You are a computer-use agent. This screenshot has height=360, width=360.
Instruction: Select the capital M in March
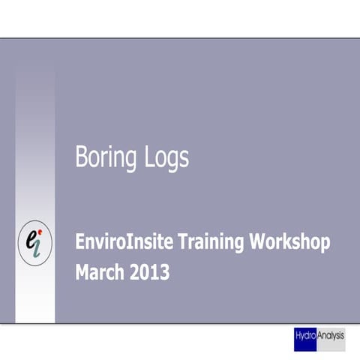tap(82, 272)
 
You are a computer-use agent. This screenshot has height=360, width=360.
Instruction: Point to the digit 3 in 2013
tap(164, 272)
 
